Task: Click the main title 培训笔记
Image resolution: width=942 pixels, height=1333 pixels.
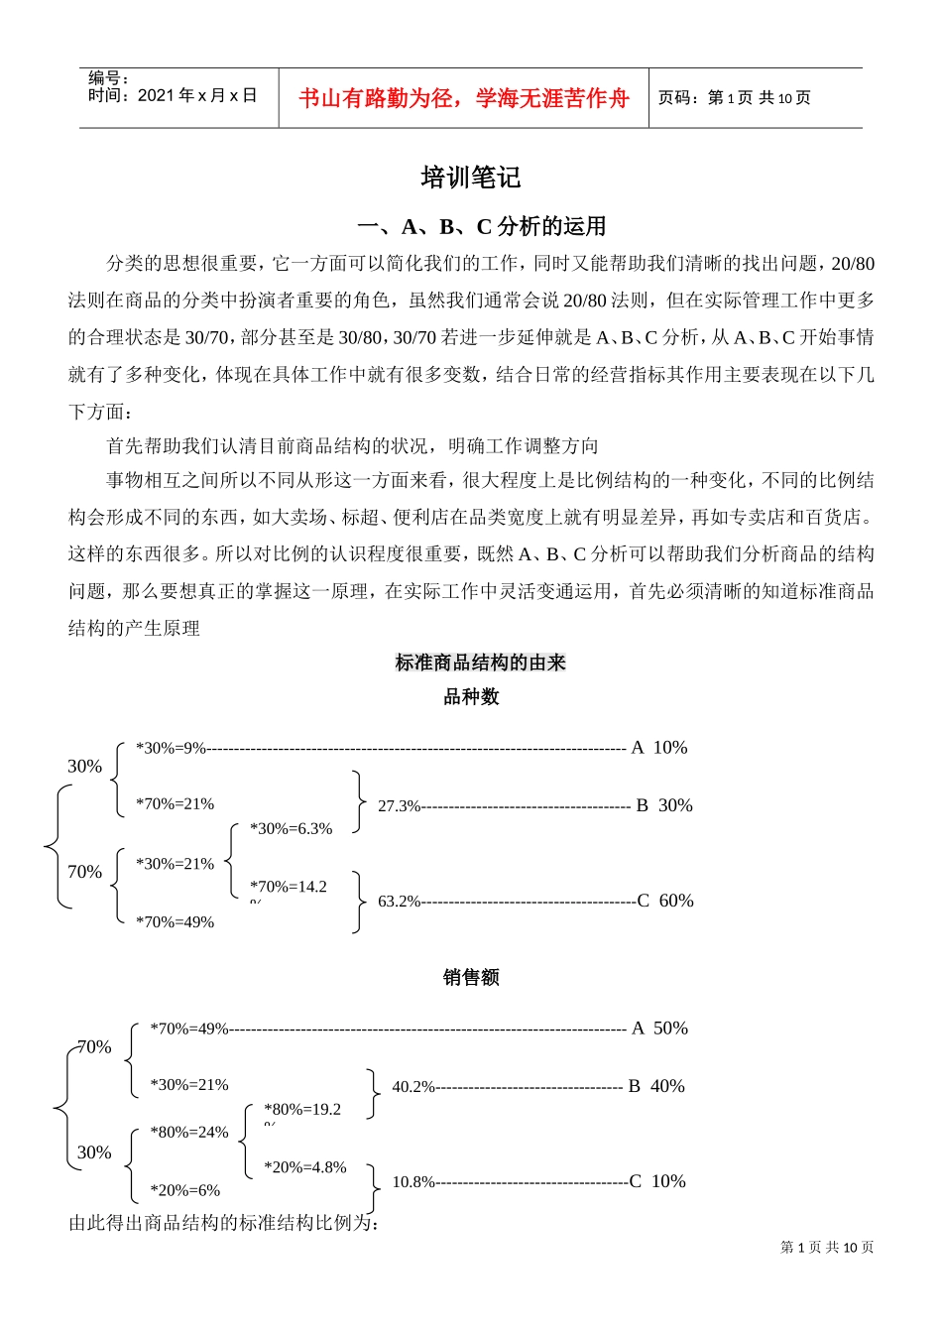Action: pos(470,179)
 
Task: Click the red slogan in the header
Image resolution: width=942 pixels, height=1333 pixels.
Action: pos(464,98)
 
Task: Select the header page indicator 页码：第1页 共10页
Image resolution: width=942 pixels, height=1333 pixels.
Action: pos(734,97)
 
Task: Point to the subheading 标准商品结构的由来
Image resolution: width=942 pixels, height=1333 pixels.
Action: pos(480,663)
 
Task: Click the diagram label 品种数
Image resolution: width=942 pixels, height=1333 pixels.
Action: pos(471,697)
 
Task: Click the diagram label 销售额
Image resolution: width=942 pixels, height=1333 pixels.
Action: pos(471,978)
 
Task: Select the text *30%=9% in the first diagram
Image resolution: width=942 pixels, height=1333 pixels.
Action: pos(171,748)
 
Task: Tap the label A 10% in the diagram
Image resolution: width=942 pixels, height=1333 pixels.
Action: pos(659,748)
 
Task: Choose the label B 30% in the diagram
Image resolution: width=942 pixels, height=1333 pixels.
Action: pos(664,805)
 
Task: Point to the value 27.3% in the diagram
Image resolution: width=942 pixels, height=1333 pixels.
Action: pos(399,806)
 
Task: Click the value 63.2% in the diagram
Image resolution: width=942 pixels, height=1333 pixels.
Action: pos(399,902)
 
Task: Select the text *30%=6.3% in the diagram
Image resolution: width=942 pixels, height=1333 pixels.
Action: pos(291,829)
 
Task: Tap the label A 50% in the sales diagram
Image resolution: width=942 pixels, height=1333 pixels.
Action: pos(659,1029)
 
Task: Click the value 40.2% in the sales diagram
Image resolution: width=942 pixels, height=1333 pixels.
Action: pos(413,1087)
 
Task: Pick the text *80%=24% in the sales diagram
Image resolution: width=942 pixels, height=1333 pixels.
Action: pos(188,1133)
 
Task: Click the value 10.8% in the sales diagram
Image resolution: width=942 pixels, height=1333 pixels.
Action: pos(413,1182)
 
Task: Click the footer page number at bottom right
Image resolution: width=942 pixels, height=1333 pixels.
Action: pos(827,1248)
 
